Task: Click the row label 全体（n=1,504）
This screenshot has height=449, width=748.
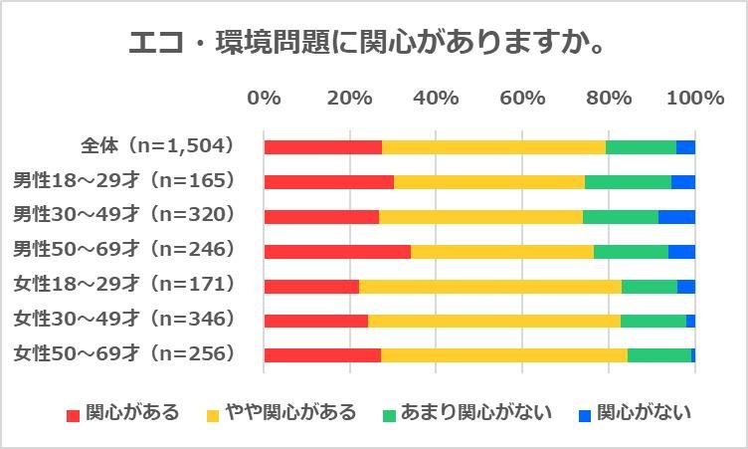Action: tap(157, 146)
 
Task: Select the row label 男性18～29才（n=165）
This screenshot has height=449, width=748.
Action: tap(123, 181)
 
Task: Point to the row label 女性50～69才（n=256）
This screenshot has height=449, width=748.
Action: tap(123, 354)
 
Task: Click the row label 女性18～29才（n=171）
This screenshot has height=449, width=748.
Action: tap(123, 285)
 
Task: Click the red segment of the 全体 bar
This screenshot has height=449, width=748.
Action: tap(322, 147)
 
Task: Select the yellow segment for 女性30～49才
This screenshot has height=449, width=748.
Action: tap(493, 321)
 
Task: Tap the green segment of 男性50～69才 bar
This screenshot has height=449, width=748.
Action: tap(631, 251)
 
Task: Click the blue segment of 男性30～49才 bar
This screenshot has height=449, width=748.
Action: tap(676, 217)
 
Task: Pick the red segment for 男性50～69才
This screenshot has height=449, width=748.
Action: tap(337, 251)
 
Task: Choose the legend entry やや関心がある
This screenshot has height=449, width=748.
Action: tap(280, 413)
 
